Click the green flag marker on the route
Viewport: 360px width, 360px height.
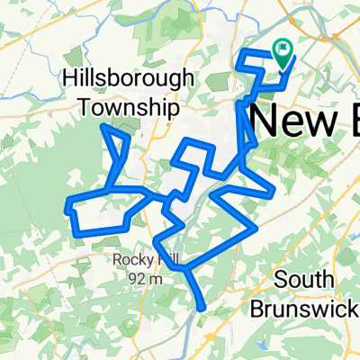point(284,57)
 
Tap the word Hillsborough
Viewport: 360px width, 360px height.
point(127,79)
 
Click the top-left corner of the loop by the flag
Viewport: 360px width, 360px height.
point(241,54)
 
